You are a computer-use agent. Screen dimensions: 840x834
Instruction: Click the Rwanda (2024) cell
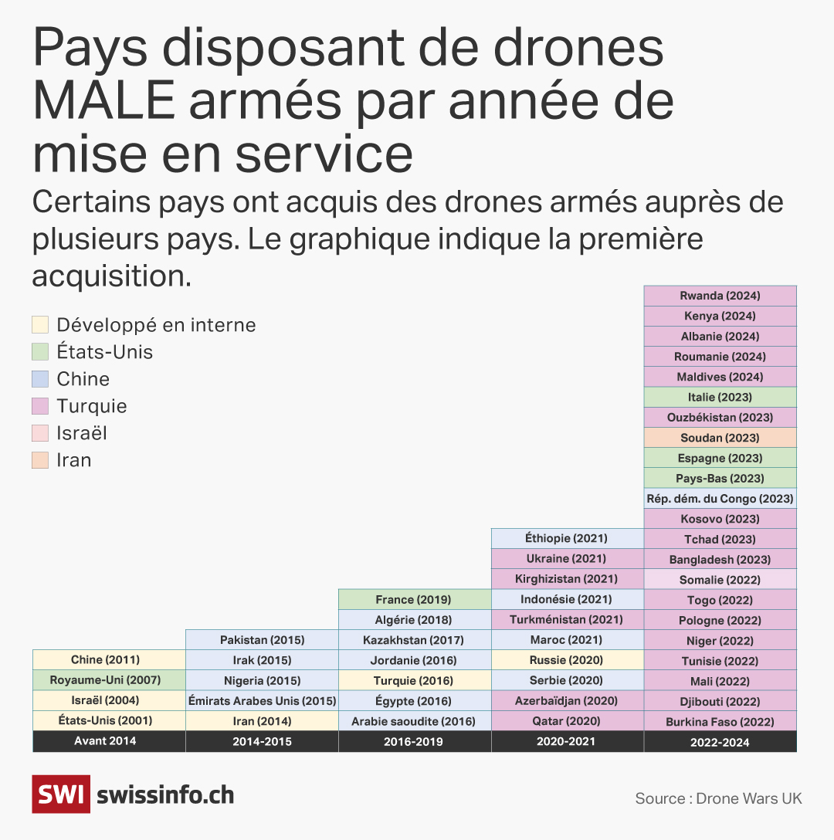[x=720, y=296]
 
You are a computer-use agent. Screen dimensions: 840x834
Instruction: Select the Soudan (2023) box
[x=720, y=438]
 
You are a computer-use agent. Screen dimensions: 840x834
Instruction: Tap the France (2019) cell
[x=414, y=599]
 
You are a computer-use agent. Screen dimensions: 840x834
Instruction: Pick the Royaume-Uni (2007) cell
[x=108, y=680]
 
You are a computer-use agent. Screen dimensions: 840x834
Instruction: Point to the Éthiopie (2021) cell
[x=567, y=538]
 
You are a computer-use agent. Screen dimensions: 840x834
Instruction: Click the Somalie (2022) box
[x=720, y=580]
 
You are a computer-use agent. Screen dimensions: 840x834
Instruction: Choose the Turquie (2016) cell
[x=414, y=680]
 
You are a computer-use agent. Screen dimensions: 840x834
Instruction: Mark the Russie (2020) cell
[x=567, y=660]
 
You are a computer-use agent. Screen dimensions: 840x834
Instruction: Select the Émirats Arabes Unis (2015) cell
[x=262, y=701]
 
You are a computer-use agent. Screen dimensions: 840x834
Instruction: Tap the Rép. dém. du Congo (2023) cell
[x=720, y=499]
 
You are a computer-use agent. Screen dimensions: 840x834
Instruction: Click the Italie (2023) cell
[x=720, y=397]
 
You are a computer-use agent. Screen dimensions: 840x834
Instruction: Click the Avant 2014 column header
[x=108, y=742]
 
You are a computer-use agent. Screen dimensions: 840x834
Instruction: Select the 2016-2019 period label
[x=414, y=742]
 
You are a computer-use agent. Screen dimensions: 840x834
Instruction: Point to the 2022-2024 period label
[x=720, y=742]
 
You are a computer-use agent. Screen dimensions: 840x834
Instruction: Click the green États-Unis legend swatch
[x=41, y=352]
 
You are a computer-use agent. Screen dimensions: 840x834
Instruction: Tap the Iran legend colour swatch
[x=41, y=460]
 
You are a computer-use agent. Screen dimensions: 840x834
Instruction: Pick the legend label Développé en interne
[x=156, y=325]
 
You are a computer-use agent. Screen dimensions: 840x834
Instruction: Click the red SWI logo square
[x=60, y=795]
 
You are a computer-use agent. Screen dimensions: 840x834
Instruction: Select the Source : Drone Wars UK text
[x=718, y=798]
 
